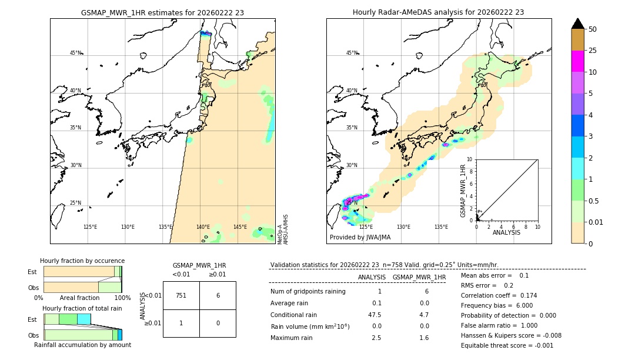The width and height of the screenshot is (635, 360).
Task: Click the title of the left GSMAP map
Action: coord(162,12)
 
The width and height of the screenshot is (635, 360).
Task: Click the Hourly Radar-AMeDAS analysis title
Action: coord(438,12)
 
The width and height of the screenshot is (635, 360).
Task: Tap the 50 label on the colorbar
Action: coord(593,29)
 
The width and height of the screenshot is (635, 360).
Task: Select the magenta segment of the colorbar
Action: coord(577,62)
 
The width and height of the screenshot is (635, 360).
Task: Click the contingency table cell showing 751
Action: coord(181,295)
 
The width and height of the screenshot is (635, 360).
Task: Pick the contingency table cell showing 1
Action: coord(181,323)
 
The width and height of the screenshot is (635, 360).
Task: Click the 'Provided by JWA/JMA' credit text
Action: coord(360,238)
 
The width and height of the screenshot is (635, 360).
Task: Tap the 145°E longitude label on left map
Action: coord(240,227)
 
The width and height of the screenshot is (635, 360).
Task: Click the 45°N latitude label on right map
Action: coord(352,53)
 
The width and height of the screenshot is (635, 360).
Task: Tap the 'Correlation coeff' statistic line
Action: coord(499,295)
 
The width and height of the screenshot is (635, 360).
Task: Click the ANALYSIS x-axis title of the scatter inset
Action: coord(507,233)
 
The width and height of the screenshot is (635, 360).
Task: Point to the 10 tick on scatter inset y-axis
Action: coord(470,159)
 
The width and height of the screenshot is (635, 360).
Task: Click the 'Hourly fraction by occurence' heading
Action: coord(82,261)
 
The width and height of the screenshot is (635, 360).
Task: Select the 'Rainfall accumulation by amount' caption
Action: coord(82,345)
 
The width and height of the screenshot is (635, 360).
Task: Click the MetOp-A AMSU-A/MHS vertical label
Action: coord(282,229)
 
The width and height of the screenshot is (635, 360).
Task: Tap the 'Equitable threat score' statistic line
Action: coord(507,345)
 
